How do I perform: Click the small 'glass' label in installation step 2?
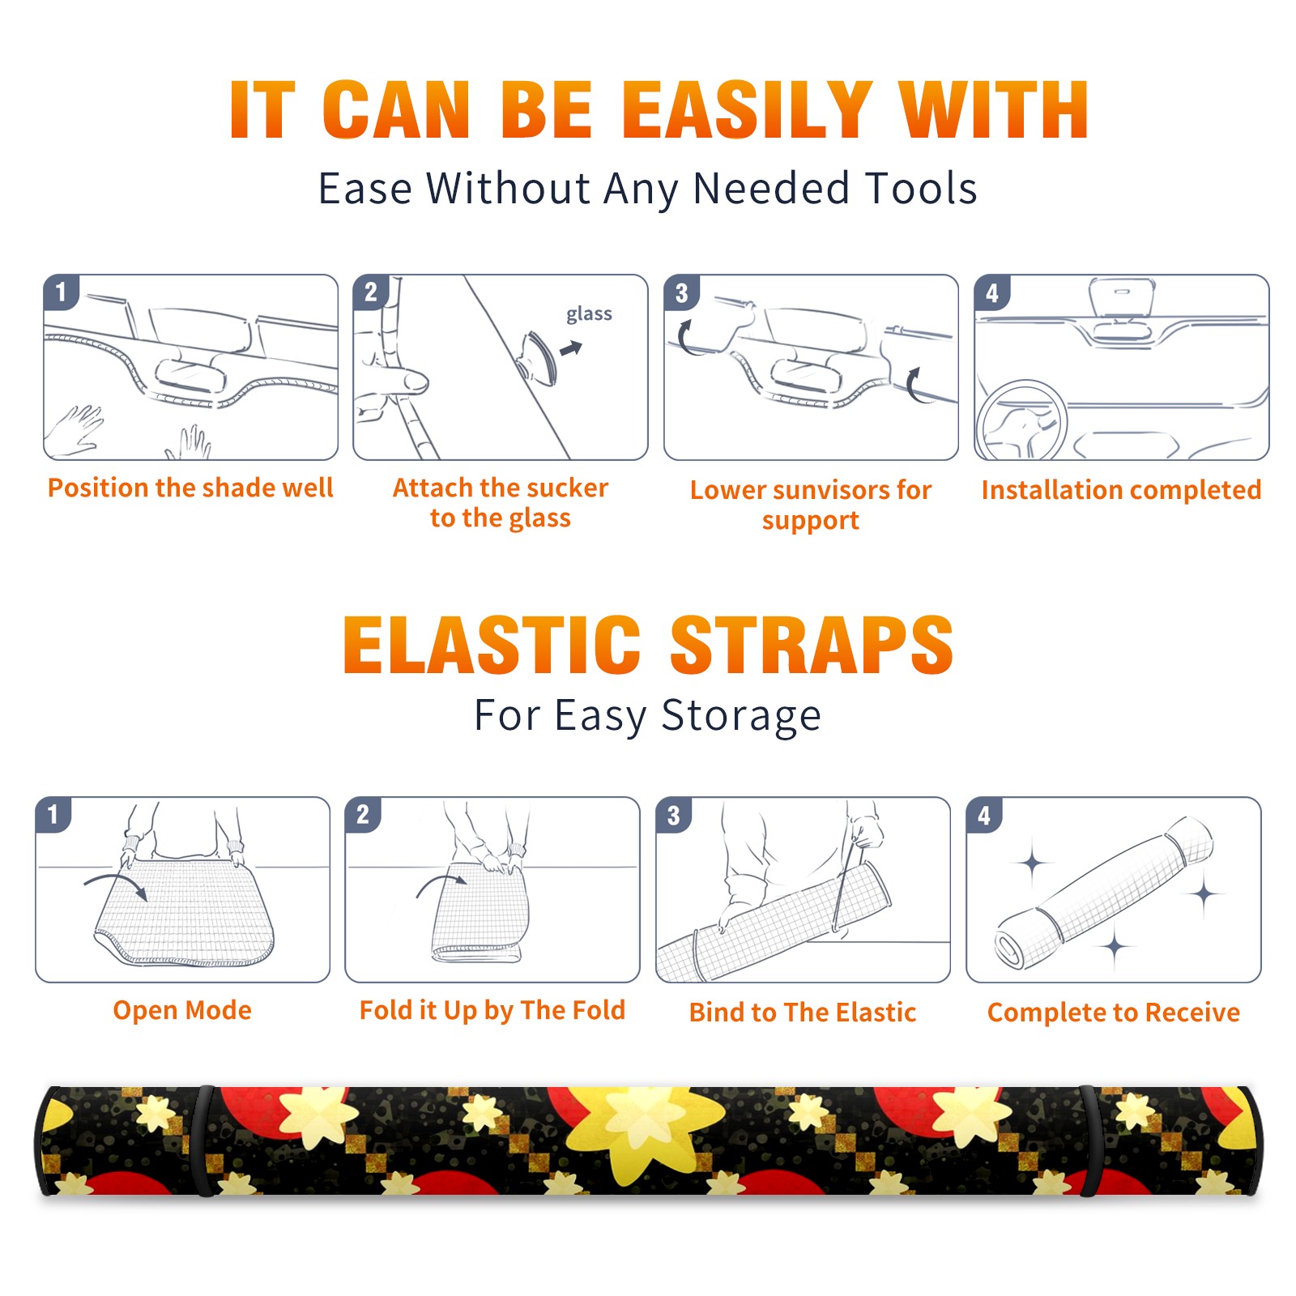589,314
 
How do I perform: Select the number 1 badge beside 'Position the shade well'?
62,292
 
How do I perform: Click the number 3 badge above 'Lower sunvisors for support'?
682,292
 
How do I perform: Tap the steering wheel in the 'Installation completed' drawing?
1021,421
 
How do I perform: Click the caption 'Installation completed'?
1121,490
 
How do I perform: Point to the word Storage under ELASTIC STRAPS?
741,716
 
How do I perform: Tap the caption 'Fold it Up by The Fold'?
492,1011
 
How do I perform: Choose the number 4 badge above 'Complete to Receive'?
984,815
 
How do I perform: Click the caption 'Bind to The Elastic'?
803,1013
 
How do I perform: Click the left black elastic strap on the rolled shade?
203,1140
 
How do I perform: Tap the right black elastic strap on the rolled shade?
1089,1140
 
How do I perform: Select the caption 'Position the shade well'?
190,488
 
